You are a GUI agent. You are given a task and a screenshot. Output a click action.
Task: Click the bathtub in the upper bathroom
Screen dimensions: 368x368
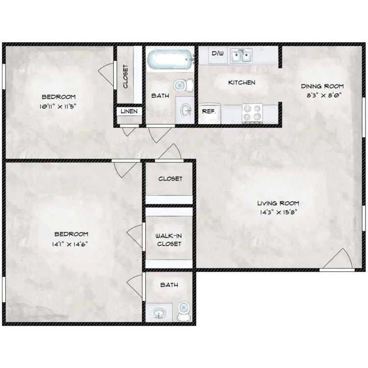tap(169, 61)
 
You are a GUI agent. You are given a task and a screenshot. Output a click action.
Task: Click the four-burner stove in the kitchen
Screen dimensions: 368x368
tap(252, 113)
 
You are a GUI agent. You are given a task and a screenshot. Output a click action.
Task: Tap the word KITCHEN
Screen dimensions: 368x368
tap(241, 82)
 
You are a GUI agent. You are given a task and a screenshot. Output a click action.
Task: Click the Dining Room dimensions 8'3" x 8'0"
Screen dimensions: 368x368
tap(321, 96)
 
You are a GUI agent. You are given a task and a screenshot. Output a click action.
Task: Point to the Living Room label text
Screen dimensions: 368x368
tap(278, 203)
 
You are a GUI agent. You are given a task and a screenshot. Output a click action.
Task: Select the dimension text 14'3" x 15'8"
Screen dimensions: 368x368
tap(278, 212)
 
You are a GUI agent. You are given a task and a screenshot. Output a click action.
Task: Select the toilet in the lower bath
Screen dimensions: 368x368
tap(184, 310)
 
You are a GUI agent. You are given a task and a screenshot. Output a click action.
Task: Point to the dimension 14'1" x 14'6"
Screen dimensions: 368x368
tap(71, 244)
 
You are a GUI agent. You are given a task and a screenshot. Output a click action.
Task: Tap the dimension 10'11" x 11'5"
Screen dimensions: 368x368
tap(58, 106)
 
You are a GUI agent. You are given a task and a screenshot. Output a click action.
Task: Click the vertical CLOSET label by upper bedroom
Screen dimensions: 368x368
tap(126, 77)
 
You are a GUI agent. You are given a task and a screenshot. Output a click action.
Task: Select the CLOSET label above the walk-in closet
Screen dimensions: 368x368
tap(170, 179)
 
